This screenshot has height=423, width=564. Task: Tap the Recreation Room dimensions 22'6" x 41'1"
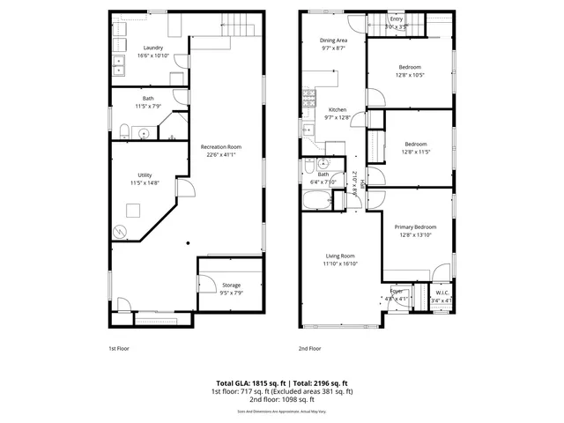220,155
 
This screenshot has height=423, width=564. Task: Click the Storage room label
231,285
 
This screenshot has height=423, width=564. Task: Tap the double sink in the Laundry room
119,63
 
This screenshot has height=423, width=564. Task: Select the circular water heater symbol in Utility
121,233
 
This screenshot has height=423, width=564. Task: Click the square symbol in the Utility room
134,210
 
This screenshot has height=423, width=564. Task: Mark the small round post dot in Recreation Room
188,244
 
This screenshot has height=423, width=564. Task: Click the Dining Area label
332,41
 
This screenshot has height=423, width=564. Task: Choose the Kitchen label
337,109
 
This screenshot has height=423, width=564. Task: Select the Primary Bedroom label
416,226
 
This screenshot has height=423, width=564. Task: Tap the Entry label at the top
396,18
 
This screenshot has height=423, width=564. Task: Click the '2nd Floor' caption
310,349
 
